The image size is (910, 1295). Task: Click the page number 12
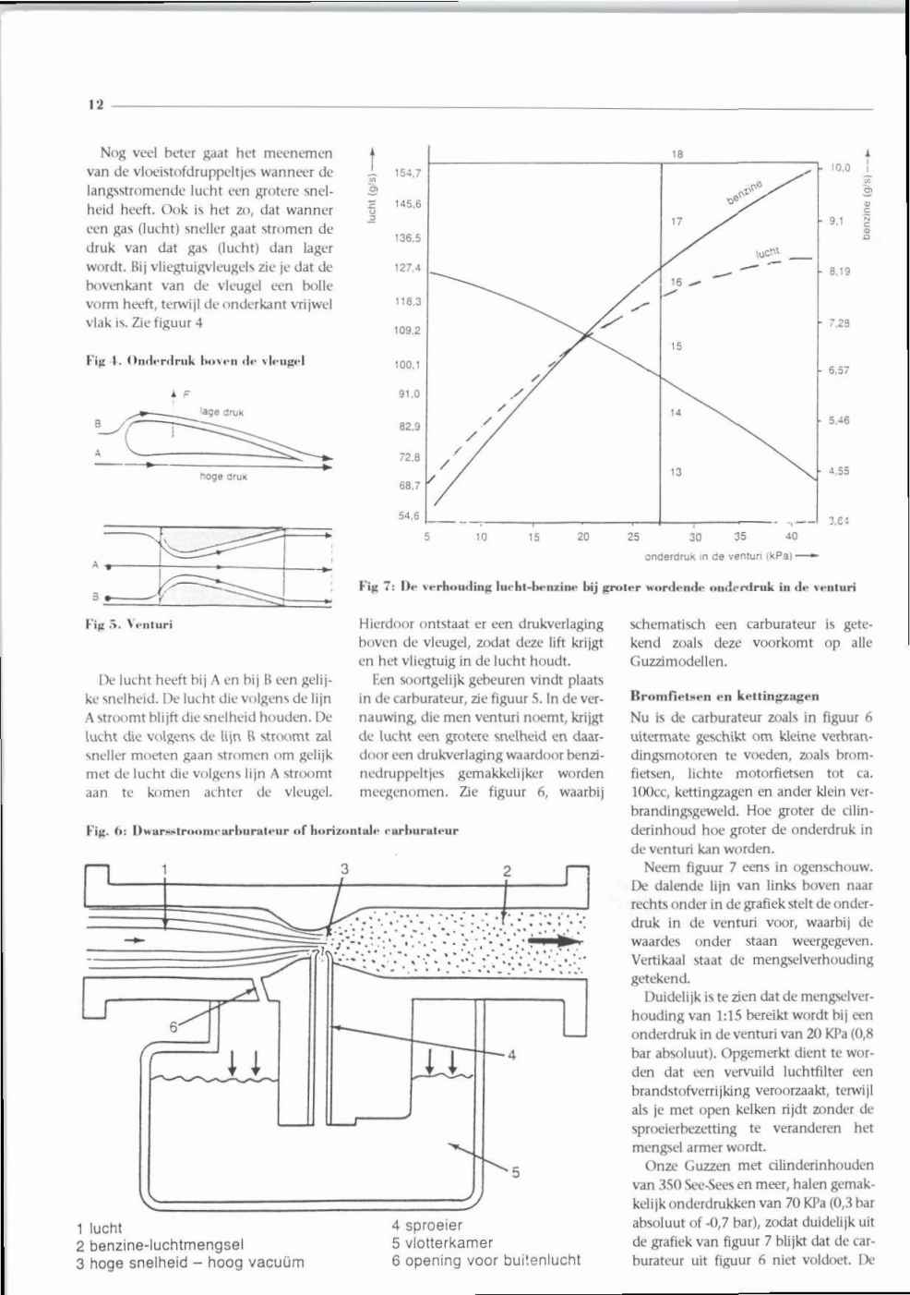[96, 104]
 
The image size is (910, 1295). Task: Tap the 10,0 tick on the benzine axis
[838, 169]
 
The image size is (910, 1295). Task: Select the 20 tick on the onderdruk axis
[582, 535]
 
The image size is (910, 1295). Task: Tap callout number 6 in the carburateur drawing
[173, 1026]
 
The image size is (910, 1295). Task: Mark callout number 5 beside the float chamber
[516, 1174]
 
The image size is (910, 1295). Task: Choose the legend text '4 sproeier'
[426, 1226]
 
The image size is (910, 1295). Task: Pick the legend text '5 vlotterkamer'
[442, 1242]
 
